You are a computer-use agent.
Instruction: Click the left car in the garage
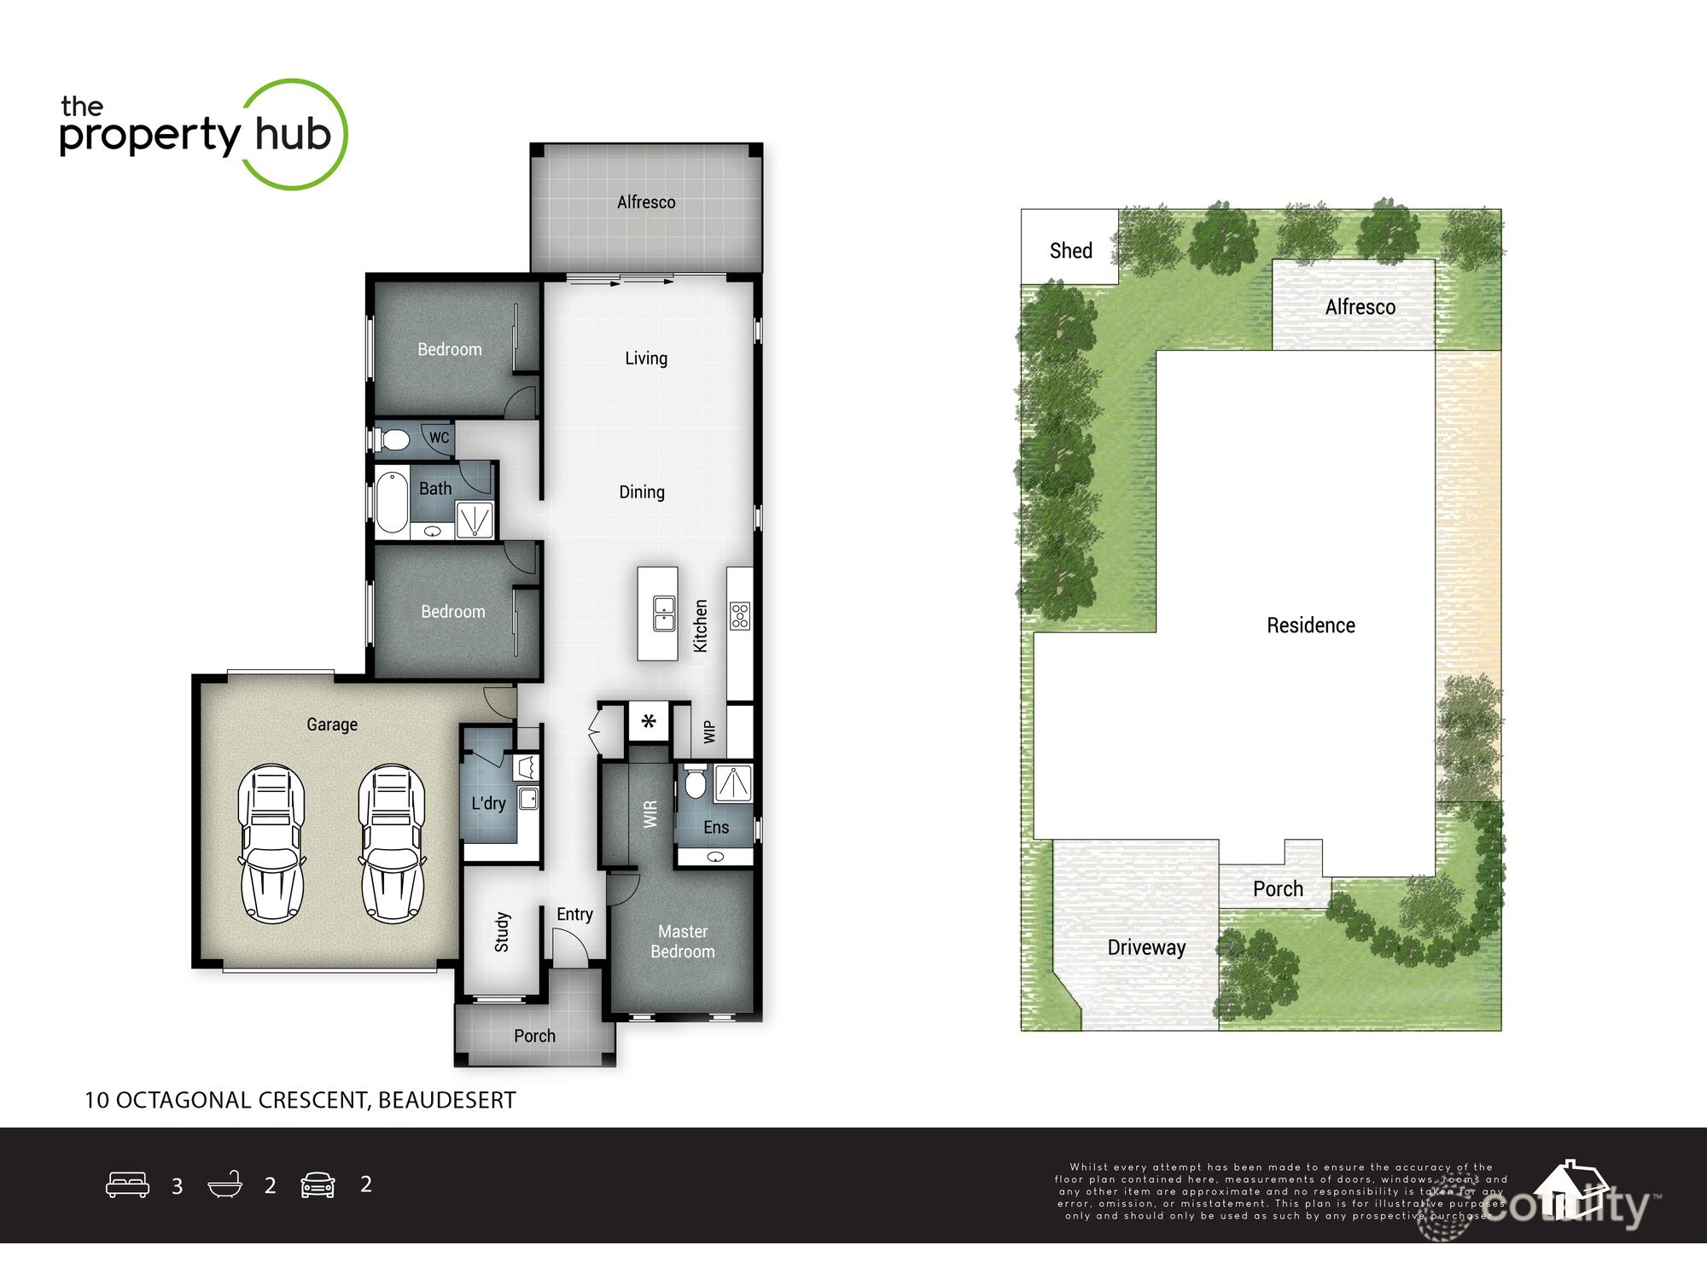(271, 843)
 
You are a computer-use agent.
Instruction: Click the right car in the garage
(392, 843)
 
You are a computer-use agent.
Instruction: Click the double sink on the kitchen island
(664, 614)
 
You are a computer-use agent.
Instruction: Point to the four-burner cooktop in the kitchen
(739, 615)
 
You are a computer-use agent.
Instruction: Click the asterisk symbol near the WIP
(649, 722)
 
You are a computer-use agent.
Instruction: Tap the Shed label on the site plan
(1070, 250)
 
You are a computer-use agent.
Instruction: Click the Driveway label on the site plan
(1146, 947)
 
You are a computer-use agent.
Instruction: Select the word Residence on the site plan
(1310, 625)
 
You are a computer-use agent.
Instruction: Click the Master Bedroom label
(683, 941)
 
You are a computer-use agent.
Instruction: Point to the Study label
(502, 931)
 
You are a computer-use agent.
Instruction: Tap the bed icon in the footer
(127, 1184)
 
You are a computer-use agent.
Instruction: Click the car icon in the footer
(318, 1184)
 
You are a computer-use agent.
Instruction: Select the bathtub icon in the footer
(225, 1184)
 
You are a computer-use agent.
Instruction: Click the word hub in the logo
(293, 134)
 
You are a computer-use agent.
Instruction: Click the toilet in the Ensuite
(695, 783)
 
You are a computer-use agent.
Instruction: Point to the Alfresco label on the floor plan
(646, 202)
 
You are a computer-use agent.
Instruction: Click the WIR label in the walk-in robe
(650, 813)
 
